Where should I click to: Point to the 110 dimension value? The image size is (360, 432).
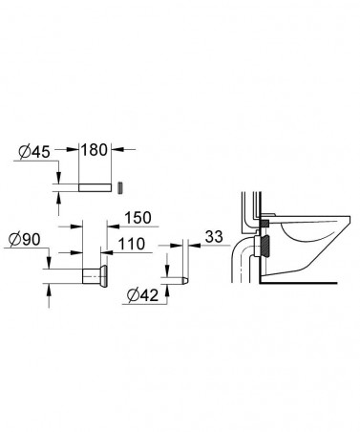(132, 246)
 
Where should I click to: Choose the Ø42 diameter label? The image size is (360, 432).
(143, 295)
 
